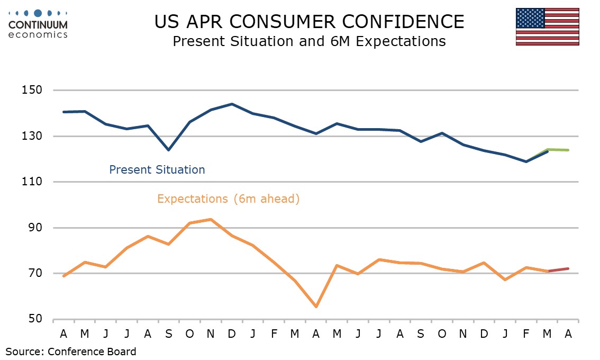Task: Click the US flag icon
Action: tap(547, 26)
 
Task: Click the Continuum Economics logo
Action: tap(38, 23)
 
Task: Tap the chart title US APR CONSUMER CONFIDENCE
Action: tap(309, 22)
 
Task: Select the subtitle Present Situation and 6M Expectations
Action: tap(309, 41)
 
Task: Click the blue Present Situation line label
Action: tap(157, 170)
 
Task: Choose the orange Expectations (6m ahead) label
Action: tap(228, 199)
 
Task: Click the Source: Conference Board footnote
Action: tap(71, 351)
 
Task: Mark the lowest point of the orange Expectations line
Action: tap(316, 307)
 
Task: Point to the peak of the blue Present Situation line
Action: tap(232, 104)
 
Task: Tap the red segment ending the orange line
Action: tap(558, 269)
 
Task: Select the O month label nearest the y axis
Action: tap(190, 334)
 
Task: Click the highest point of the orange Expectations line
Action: tap(211, 219)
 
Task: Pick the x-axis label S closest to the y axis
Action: tap(169, 334)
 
